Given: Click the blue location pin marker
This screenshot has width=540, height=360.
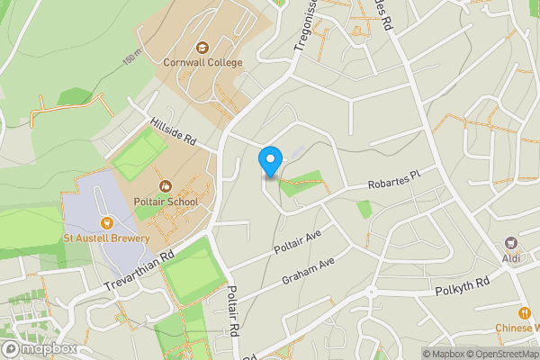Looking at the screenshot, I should [x=269, y=160].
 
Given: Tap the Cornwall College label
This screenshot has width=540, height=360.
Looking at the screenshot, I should [x=203, y=63].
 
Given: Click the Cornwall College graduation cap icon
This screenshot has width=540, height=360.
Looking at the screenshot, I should [x=203, y=48].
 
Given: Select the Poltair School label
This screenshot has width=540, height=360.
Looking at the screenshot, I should [x=166, y=202].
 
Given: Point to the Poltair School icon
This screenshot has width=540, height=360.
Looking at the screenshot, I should [x=165, y=186].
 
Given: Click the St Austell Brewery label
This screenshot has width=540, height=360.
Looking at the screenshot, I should [x=105, y=238].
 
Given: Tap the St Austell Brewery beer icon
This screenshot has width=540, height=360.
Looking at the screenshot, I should [x=105, y=223].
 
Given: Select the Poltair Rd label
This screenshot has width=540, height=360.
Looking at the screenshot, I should [x=231, y=311].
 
